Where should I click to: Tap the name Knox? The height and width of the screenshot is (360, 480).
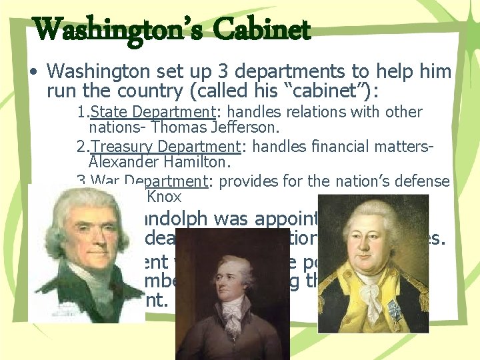pos(163,197)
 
